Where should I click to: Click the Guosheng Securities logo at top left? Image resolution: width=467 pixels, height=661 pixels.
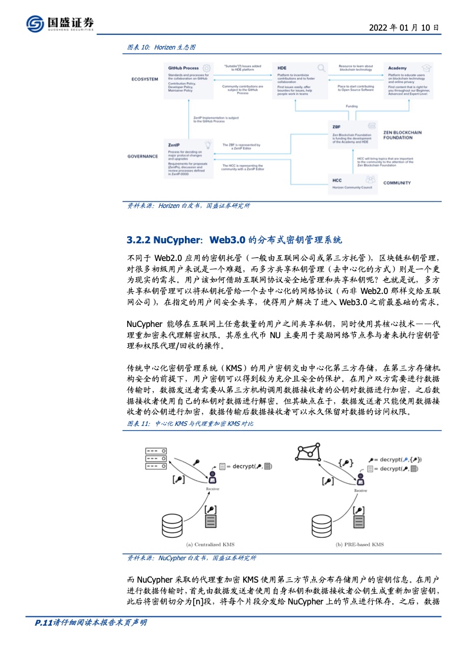[60, 24]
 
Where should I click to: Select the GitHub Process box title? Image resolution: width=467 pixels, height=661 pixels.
[183, 68]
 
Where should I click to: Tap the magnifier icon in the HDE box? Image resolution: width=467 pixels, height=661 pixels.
[322, 68]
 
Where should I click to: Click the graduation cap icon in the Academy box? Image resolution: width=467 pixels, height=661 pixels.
[427, 68]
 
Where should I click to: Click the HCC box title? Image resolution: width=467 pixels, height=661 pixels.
[337, 180]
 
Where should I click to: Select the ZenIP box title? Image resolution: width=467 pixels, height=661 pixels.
[174, 144]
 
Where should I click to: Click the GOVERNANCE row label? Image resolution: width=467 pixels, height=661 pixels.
[143, 156]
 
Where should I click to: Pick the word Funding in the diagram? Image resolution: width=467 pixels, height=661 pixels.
[352, 107]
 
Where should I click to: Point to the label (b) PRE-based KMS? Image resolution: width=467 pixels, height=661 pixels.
[359, 545]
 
